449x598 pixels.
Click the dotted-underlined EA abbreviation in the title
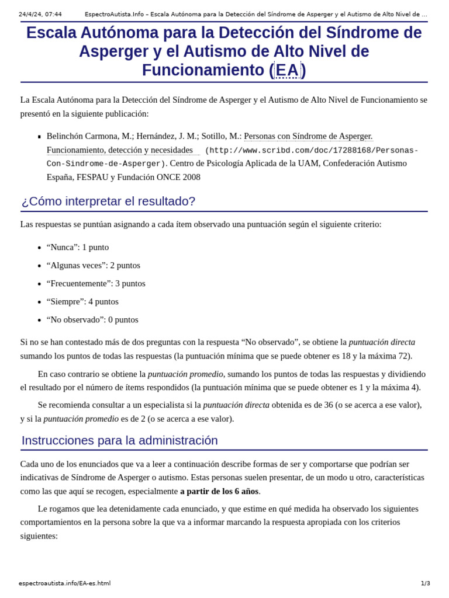(x=287, y=70)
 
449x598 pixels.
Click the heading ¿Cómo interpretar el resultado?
(x=108, y=201)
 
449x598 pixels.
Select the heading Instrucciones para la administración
(x=119, y=440)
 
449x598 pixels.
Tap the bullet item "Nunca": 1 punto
(x=78, y=247)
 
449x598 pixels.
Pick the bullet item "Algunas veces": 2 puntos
(x=94, y=265)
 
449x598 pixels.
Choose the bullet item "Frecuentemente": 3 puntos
(x=96, y=283)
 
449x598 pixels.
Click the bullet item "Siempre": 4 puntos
(x=82, y=301)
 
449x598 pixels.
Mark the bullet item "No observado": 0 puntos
(x=92, y=319)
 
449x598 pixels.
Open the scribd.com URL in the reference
(x=312, y=151)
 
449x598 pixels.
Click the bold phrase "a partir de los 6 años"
(x=219, y=491)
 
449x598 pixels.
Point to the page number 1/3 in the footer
(x=425, y=583)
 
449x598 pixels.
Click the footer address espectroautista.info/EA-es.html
(x=64, y=583)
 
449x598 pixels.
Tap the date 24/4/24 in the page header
(x=29, y=15)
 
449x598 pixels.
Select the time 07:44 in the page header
(x=53, y=15)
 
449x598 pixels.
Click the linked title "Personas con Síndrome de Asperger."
(x=308, y=136)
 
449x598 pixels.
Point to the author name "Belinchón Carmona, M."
(x=89, y=136)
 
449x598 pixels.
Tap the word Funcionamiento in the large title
(x=203, y=70)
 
